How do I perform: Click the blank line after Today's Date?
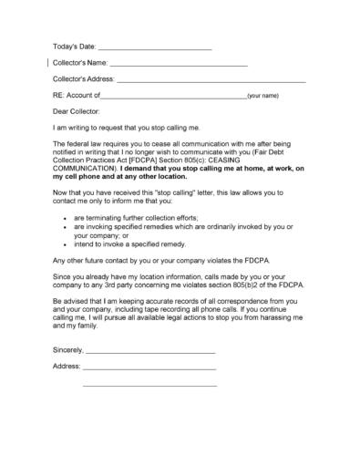154,47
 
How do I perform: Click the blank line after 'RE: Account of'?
173,96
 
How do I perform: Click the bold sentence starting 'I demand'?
201,169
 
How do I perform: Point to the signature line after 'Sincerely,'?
149,350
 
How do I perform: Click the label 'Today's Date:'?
74,47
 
